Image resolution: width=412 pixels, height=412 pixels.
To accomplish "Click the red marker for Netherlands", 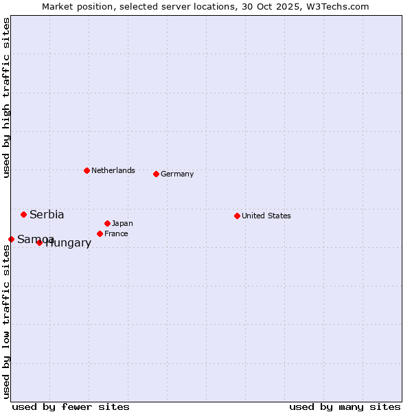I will tap(87, 170).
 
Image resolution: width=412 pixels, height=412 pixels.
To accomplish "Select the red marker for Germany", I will tap(156, 174).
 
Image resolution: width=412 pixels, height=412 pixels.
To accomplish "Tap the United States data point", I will tap(237, 216).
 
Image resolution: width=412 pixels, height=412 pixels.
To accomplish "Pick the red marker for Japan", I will tap(107, 223).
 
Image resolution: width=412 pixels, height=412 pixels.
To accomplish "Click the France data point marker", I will tap(100, 233).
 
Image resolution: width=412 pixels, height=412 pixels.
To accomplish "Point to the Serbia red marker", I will tap(23, 214).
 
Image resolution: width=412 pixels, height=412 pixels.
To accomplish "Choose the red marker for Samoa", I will tap(11, 239).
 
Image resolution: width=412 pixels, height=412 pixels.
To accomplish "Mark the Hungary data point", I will tap(39, 242).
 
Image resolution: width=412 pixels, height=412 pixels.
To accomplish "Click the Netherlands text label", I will tap(113, 170).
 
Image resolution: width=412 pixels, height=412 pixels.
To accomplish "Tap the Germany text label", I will tap(177, 174).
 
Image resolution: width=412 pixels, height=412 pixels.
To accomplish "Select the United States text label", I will tap(266, 216).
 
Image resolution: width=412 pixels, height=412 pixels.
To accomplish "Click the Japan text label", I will tap(122, 223).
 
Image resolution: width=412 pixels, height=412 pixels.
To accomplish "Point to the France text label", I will tap(116, 233).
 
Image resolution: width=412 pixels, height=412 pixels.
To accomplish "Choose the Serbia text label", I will tap(47, 214).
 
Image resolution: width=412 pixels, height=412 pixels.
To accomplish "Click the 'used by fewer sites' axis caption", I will tap(71, 407).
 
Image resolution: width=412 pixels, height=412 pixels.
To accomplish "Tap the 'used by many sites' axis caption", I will tap(345, 407).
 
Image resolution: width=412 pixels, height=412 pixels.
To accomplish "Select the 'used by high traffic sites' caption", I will tap(6, 98).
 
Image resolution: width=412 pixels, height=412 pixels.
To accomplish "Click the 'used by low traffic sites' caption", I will tap(6, 321).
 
